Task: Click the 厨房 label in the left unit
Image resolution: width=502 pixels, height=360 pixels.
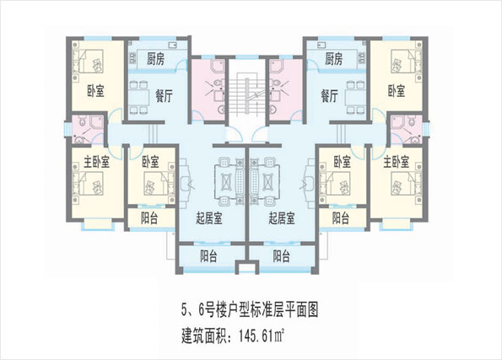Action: point(155,59)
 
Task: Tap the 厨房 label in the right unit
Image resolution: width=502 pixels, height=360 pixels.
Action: point(333,59)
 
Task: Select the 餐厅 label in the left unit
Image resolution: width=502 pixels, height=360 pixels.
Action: point(164,95)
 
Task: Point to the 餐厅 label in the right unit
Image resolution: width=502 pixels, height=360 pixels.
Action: point(330,95)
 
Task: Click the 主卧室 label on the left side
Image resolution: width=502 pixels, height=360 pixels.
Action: point(97,162)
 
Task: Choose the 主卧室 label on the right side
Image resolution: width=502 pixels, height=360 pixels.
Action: point(397,162)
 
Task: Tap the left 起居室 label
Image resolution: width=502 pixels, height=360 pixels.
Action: point(209,218)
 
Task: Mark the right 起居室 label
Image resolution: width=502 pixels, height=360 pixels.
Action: point(282,218)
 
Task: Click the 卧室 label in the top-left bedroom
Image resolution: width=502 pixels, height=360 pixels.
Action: point(95,91)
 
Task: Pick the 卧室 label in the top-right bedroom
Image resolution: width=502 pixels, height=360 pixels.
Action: point(397,91)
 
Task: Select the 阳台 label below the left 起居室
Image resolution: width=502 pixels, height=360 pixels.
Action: point(208,256)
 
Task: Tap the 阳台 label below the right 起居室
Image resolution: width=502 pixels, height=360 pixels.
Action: point(282,256)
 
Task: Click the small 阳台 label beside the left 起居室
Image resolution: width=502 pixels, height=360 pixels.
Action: point(149,218)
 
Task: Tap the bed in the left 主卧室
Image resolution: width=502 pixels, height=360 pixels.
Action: point(88,183)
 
